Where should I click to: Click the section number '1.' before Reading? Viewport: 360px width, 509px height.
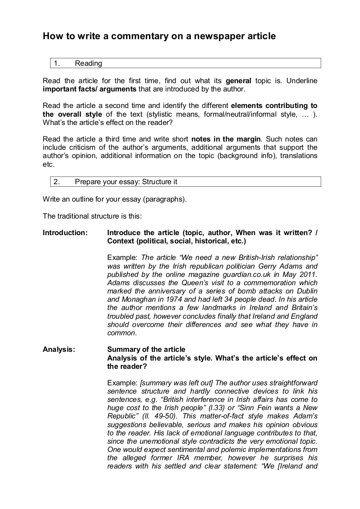[57, 64]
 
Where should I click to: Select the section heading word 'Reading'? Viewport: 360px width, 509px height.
[88, 64]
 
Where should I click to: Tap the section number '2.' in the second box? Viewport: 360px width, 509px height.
[57, 182]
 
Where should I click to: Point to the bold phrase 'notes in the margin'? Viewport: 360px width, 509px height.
[226, 139]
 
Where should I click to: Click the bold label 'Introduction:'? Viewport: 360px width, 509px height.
[65, 233]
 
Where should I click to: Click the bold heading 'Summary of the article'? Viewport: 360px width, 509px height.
[146, 349]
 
